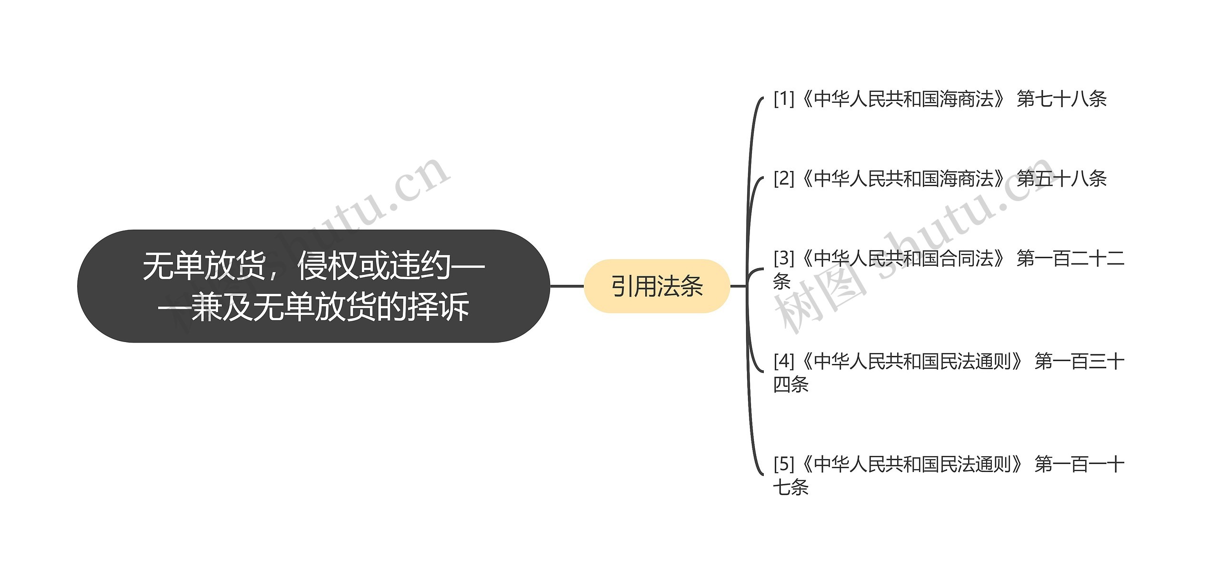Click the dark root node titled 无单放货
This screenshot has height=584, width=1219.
point(313,286)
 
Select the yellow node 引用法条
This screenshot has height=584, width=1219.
point(657,286)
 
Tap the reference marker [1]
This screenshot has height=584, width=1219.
point(784,99)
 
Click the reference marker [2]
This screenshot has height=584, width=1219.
point(784,179)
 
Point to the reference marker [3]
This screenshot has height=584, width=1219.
point(784,259)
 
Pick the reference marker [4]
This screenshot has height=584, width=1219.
point(784,362)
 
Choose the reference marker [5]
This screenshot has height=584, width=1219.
point(784,464)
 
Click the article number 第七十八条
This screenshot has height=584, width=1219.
point(1061,99)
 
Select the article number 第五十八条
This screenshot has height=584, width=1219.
point(1061,179)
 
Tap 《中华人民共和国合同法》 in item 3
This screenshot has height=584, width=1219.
point(903,259)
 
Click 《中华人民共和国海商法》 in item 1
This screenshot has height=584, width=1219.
point(903,99)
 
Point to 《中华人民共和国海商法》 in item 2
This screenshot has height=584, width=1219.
point(903,179)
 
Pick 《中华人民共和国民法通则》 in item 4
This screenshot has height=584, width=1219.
point(912,362)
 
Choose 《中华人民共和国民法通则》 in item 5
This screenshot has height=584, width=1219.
point(912,464)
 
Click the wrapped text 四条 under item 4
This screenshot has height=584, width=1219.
point(791,384)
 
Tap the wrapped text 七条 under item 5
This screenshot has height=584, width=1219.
point(791,487)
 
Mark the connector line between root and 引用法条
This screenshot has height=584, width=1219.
point(567,286)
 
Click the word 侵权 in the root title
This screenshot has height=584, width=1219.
point(328,266)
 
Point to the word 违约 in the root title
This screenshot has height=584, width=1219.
point(420,266)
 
